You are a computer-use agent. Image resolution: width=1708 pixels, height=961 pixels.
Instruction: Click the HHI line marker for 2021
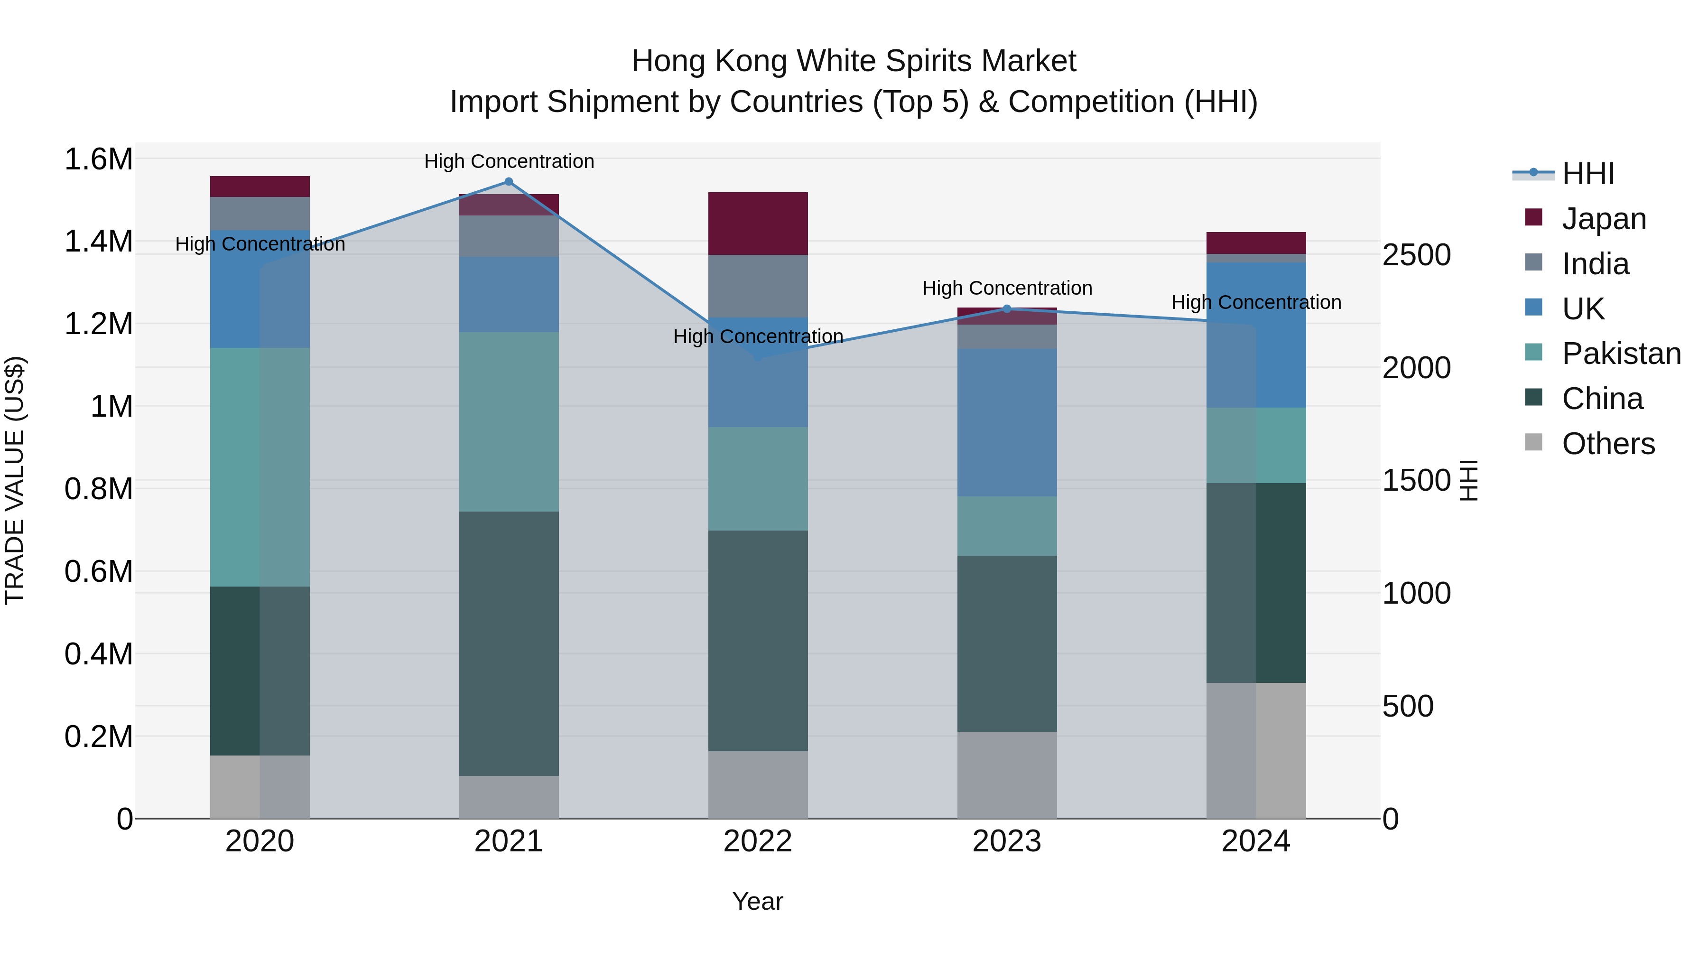[509, 182]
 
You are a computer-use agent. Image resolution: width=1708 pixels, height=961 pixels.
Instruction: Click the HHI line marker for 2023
[1006, 309]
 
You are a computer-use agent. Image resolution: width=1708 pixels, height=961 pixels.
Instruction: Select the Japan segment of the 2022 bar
[758, 224]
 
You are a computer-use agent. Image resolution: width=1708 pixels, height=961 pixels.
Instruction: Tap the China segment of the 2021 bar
[509, 644]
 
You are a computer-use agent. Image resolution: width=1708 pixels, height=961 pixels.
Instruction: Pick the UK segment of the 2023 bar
[1006, 422]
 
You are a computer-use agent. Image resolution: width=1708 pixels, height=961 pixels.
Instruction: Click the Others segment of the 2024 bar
[1256, 750]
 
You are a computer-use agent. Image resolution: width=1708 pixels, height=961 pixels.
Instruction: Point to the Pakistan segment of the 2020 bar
[259, 467]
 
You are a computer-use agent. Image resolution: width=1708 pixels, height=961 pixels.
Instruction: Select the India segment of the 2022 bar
[758, 286]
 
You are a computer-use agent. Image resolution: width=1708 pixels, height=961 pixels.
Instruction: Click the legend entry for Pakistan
[1621, 354]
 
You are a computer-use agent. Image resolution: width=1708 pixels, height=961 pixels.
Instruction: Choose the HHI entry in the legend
[1587, 174]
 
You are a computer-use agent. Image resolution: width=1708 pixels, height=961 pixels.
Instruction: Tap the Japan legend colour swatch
[1533, 217]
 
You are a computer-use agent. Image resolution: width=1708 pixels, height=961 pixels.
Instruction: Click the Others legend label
[1608, 444]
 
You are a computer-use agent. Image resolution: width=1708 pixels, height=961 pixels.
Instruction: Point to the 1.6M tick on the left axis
[98, 160]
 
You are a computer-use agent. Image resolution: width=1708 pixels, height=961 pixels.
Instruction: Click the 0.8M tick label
[98, 489]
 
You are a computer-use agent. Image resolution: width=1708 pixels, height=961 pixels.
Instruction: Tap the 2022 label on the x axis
[758, 841]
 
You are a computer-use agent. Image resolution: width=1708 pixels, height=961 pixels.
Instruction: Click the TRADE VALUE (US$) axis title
[15, 480]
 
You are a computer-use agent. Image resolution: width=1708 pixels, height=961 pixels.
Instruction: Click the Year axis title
[758, 901]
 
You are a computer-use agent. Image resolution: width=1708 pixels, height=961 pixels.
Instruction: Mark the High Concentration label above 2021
[509, 161]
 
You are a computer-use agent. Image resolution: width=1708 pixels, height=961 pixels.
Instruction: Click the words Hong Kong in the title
[703, 61]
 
